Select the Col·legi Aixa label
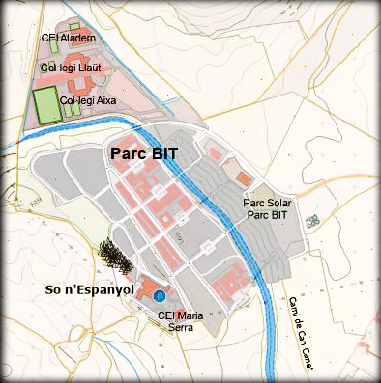coord(88,99)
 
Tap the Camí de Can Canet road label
coord(319,323)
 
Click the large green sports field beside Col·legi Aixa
coord(44,104)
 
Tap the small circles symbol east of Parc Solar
coord(312,221)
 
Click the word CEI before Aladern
coord(49,39)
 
